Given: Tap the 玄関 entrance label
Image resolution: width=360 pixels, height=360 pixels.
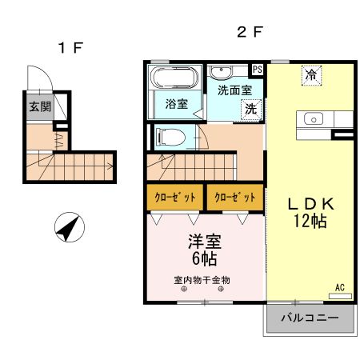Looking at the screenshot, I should (37, 106).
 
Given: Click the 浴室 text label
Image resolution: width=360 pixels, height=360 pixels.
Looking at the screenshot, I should (176, 104).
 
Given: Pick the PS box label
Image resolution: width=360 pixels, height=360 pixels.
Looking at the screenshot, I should (258, 70).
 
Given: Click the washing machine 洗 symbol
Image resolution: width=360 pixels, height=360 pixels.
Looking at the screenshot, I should (251, 109).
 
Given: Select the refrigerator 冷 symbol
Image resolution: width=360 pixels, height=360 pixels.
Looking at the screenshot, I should (310, 75).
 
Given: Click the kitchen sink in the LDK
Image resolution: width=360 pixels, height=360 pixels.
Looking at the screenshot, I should (314, 119).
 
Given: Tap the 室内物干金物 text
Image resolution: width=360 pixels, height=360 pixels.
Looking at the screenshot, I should (202, 280).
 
